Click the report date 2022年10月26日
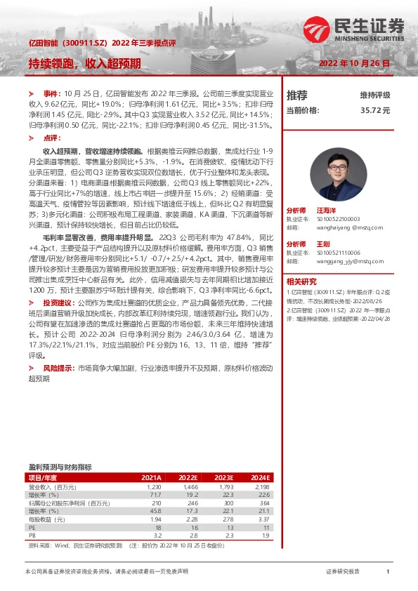click(355, 64)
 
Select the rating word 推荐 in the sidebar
click(297, 95)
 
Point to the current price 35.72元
click(375, 110)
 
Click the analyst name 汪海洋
click(326, 210)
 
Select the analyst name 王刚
click(322, 243)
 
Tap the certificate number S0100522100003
click(339, 218)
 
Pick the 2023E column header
click(224, 477)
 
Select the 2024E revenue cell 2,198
click(261, 486)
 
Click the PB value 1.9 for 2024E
click(263, 534)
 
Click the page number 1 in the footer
click(388, 572)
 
